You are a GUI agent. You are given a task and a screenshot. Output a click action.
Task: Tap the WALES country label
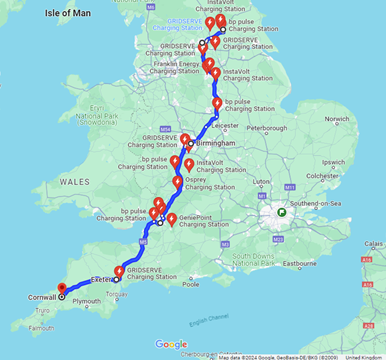(x=75, y=182)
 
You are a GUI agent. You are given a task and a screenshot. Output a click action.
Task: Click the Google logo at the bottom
(x=172, y=344)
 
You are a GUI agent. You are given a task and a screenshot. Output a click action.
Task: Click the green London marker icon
(x=283, y=211)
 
